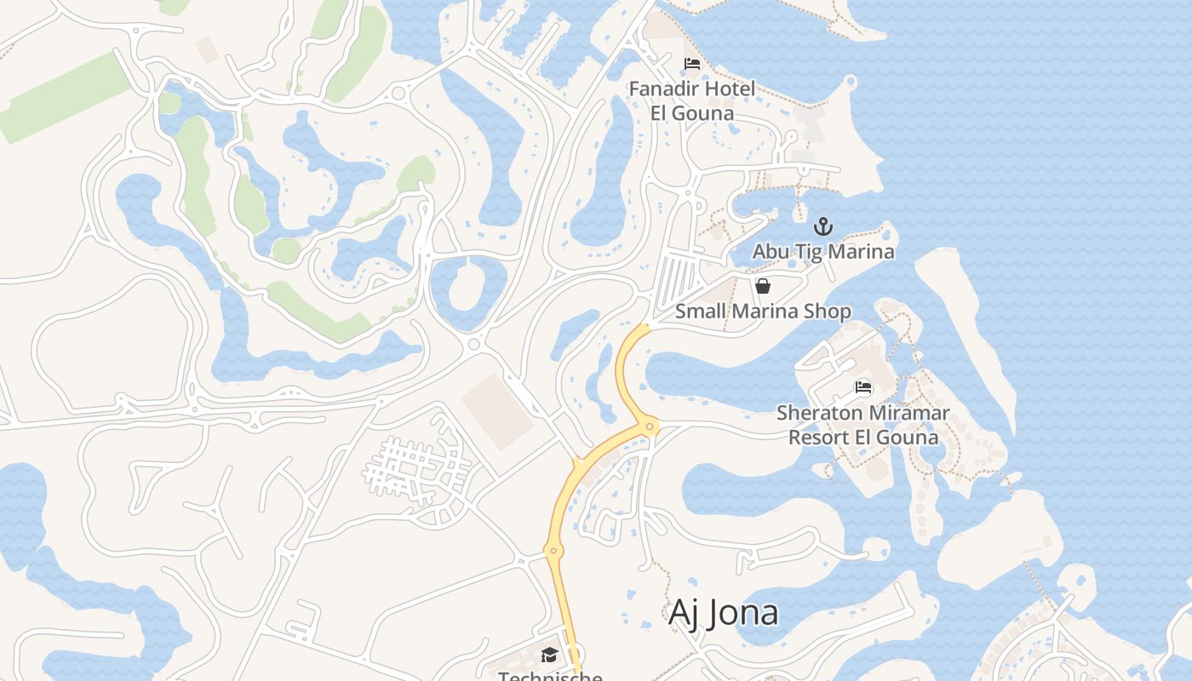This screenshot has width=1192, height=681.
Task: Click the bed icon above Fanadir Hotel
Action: pos(692,64)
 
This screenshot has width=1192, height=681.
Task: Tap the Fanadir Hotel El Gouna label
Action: pos(691,100)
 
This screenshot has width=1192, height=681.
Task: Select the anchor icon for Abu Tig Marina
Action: pos(822,226)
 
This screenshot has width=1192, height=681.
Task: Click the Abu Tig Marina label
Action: pos(823,251)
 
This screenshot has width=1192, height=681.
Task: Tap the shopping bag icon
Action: pos(763,286)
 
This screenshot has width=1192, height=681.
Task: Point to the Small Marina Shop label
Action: pos(763,311)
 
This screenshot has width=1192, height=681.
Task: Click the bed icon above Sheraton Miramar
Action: pos(863,388)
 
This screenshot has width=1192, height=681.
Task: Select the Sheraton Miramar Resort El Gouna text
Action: pos(863,425)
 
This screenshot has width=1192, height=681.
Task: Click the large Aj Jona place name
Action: pos(723,612)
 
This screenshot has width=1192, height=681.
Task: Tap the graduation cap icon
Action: pos(549,655)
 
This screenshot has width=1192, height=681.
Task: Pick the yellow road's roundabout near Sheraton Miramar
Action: pos(650,426)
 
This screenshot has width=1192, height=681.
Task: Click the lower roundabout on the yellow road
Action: pos(553,551)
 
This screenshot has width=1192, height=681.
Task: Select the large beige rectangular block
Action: pos(498,411)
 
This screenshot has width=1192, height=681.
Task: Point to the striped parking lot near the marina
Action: pos(678,277)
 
